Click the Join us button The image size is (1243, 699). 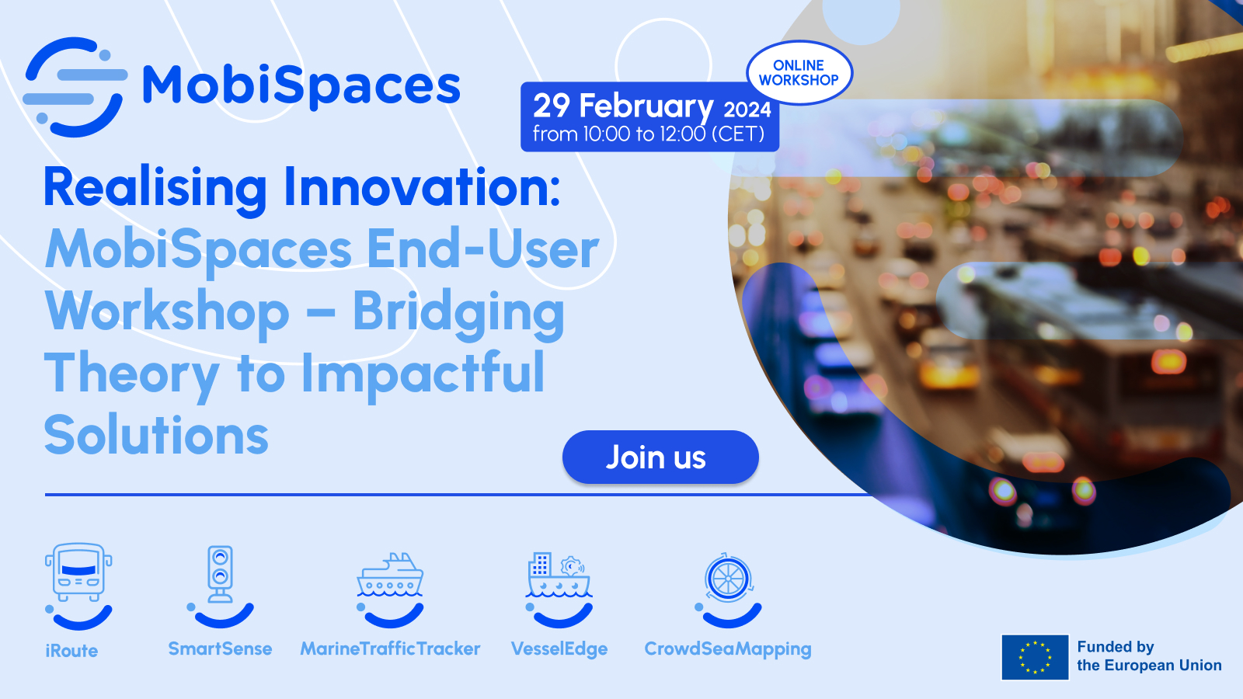click(x=660, y=457)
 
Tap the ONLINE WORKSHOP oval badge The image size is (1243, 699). click(x=799, y=73)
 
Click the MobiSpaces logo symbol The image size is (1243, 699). click(x=75, y=86)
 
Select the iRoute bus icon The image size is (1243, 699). click(x=78, y=573)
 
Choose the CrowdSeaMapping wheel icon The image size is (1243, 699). click(x=728, y=579)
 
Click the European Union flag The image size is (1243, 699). click(x=1035, y=657)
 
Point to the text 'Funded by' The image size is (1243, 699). click(x=1115, y=647)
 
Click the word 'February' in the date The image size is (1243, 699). click(x=646, y=106)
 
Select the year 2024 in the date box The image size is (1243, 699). click(x=747, y=110)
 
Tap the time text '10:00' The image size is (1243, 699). click(x=606, y=134)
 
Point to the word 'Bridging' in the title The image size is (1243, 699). click(x=458, y=312)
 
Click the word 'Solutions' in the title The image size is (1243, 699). click(x=156, y=435)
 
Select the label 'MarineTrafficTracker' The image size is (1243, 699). click(x=390, y=649)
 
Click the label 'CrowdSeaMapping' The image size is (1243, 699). click(x=727, y=649)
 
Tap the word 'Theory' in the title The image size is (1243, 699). click(x=131, y=374)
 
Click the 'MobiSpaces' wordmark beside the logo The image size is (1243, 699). click(x=301, y=85)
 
